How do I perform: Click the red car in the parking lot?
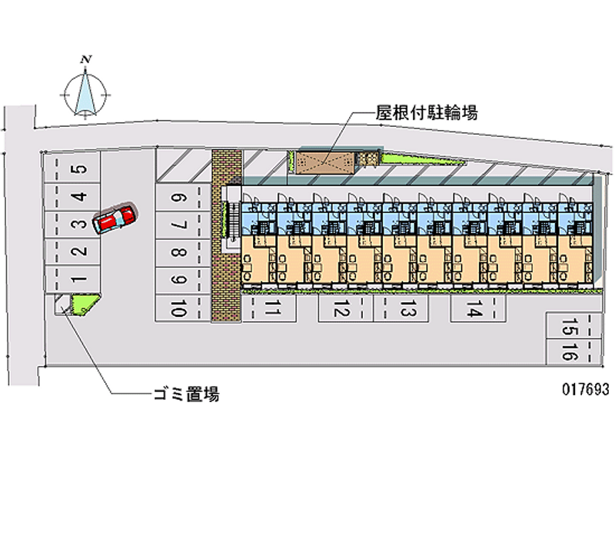tap(114, 219)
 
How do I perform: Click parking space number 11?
tap(269, 309)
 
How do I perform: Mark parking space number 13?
tap(407, 309)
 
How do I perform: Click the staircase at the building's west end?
tap(228, 222)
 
